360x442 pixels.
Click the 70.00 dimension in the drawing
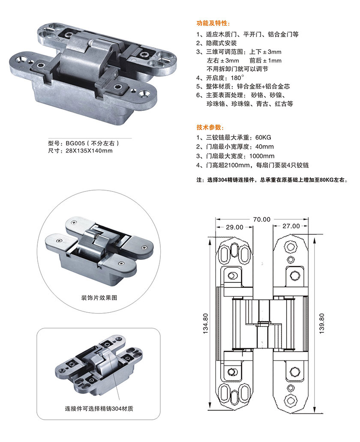tap(261, 219)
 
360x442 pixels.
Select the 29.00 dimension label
tap(234, 227)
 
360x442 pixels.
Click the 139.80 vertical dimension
tap(322, 322)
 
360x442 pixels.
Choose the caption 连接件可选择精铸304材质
tap(99, 408)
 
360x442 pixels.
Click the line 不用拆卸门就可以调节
tap(238, 69)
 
